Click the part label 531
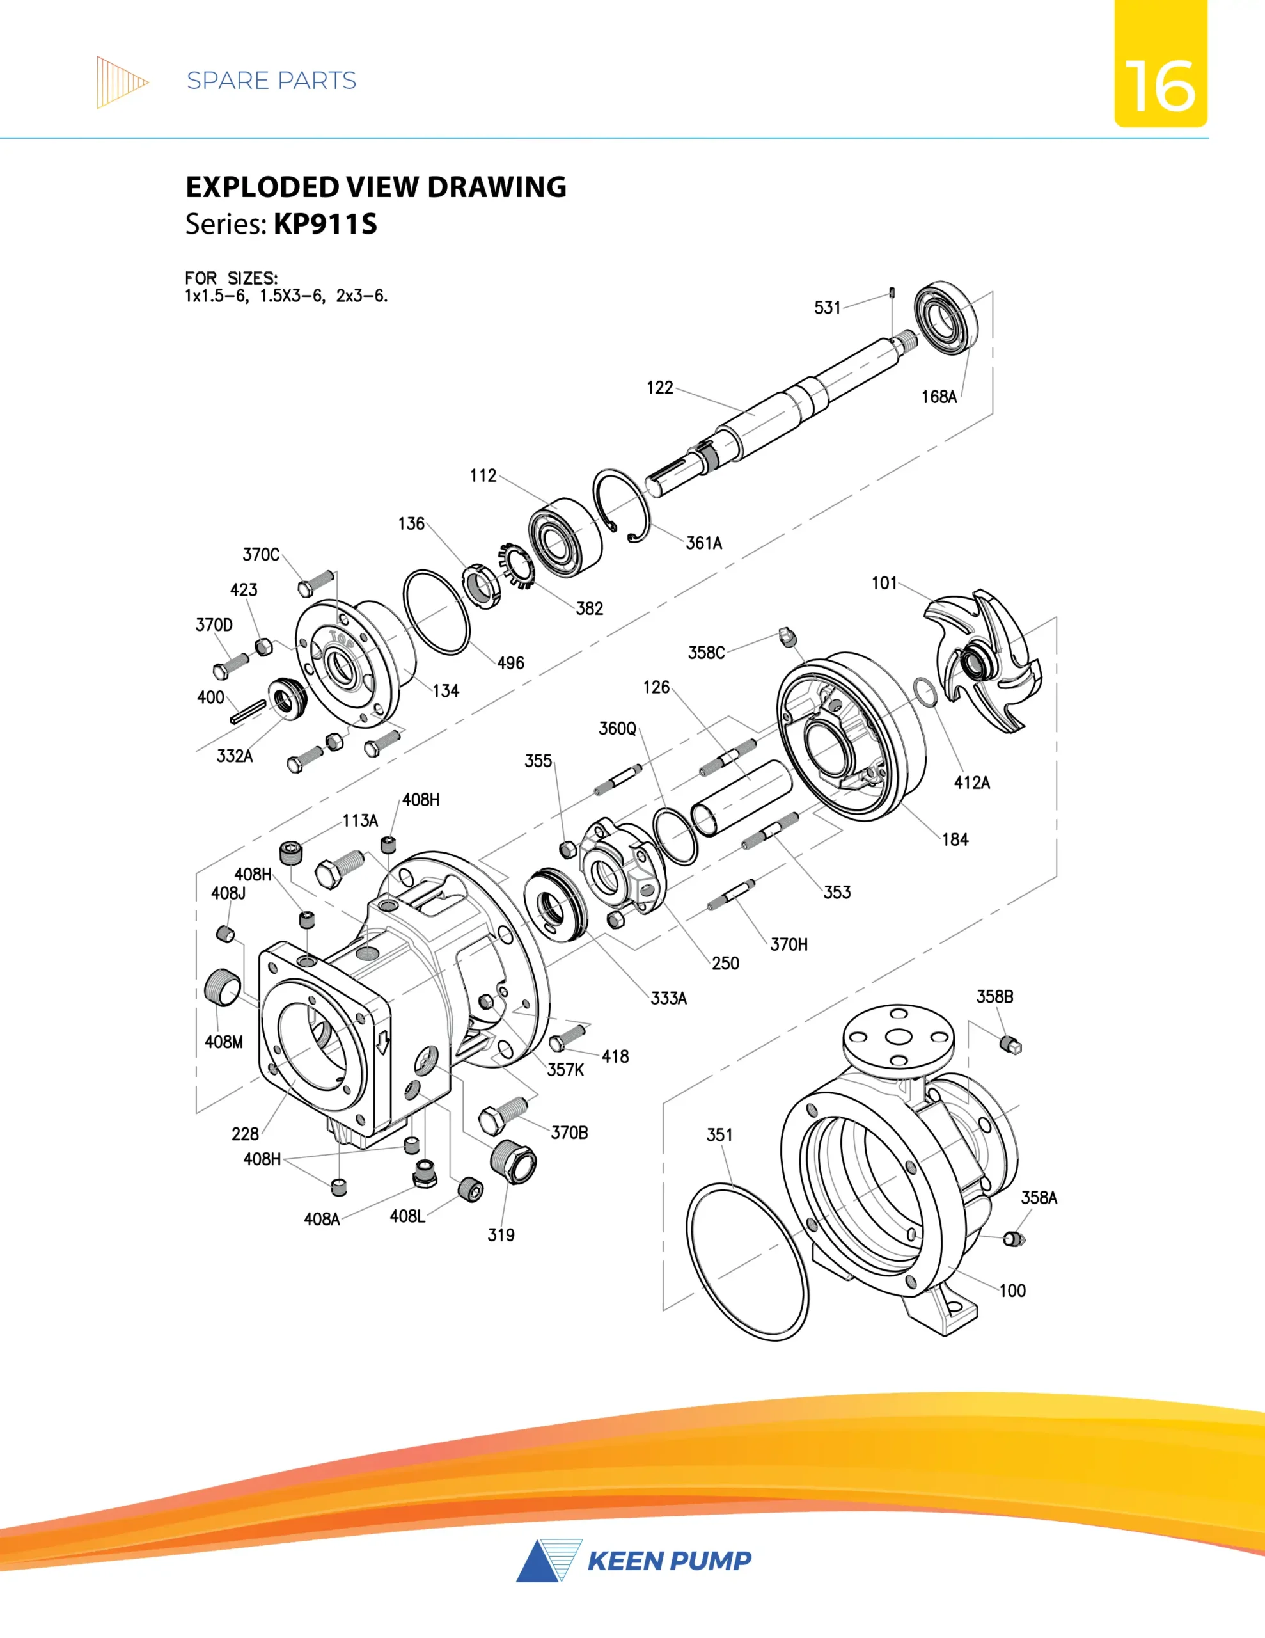click(827, 308)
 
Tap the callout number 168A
click(939, 397)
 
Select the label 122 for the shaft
click(660, 388)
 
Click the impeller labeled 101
click(982, 660)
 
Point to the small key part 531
click(892, 292)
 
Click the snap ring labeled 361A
click(622, 505)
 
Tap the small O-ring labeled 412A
click(925, 692)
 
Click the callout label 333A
click(668, 998)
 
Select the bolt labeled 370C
click(316, 583)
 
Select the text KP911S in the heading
click(326, 224)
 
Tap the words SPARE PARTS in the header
click(271, 81)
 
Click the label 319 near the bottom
click(501, 1236)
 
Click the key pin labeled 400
click(248, 712)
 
